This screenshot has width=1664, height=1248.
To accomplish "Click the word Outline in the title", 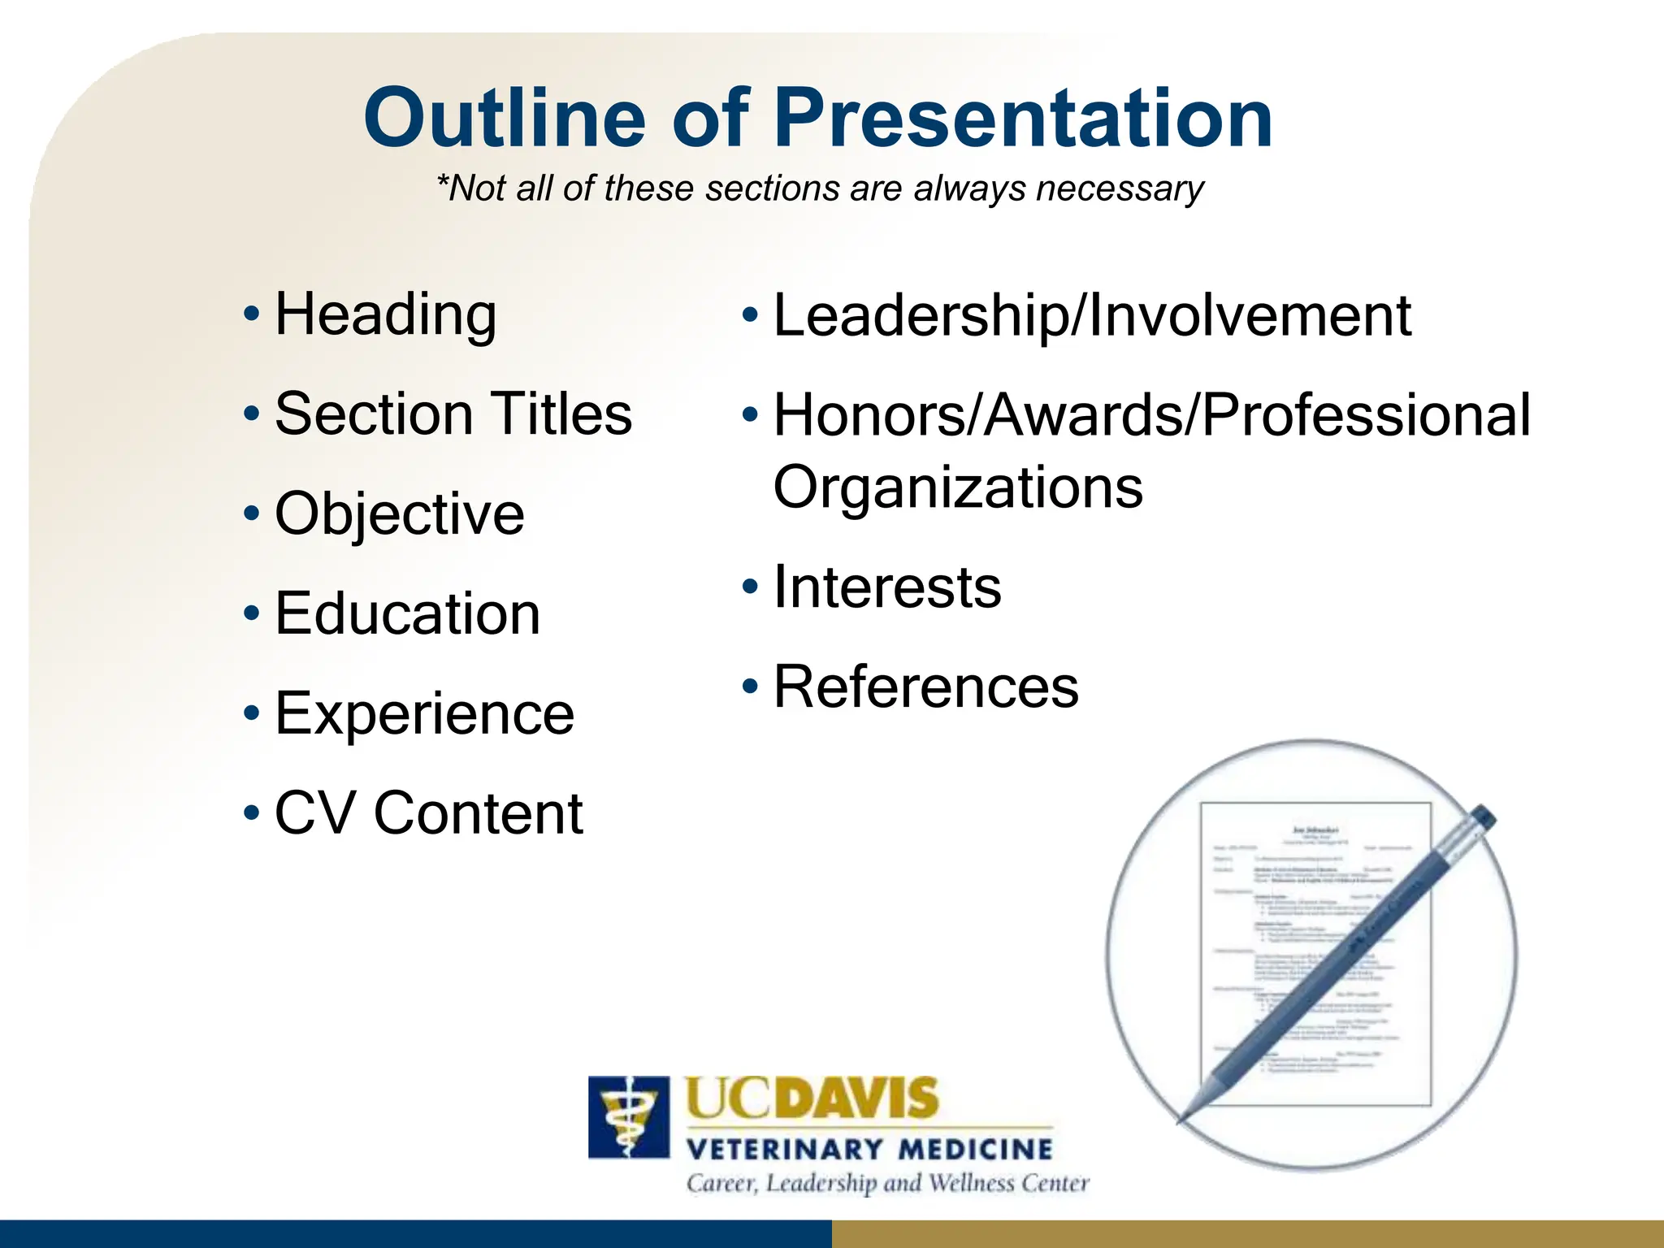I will click(504, 120).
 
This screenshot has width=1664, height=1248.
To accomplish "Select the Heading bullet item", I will click(385, 315).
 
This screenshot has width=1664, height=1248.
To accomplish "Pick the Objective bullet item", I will click(399, 514).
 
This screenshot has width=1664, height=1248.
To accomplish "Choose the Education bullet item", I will click(407, 613).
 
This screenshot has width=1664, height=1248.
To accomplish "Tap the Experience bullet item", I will click(424, 713).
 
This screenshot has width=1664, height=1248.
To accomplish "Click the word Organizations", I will click(957, 487).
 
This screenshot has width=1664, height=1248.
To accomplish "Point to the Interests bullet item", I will click(886, 587).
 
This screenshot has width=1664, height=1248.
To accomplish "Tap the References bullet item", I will click(925, 687).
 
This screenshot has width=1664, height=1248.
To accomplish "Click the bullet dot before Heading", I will click(252, 314).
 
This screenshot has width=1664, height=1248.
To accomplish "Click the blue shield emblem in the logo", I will click(628, 1117).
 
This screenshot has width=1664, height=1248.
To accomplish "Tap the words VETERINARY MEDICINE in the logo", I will click(869, 1150).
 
